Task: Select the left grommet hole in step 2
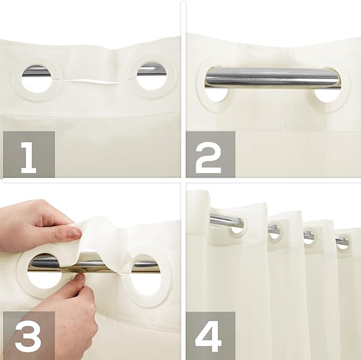pos(216,93)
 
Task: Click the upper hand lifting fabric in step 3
pos(32,221)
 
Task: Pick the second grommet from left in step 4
pos(275,230)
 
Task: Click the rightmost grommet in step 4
pos(342,240)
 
